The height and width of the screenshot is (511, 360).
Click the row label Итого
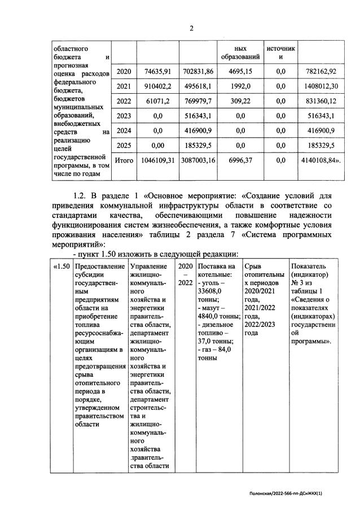[124, 160]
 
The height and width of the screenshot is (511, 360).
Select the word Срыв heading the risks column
[254, 266]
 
